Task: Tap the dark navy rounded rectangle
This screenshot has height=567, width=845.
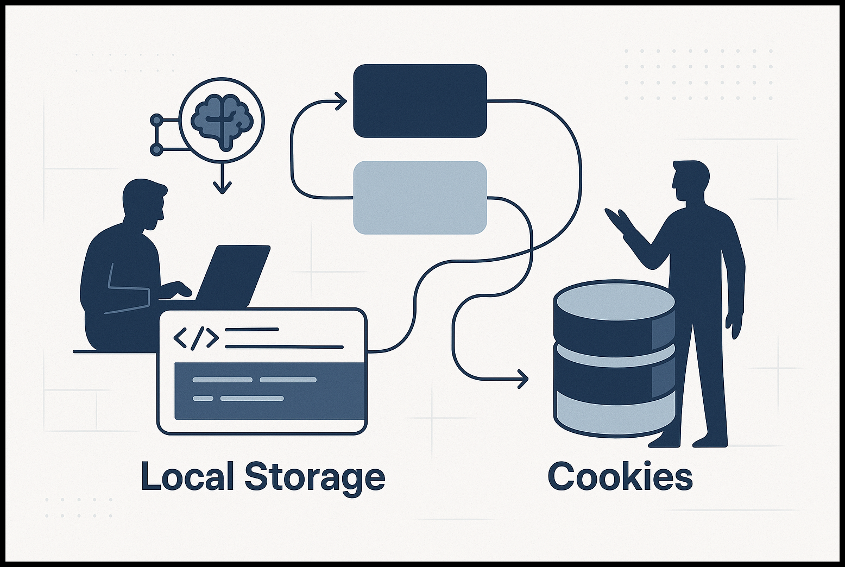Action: tap(420, 101)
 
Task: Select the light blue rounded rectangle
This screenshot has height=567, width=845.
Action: tap(420, 198)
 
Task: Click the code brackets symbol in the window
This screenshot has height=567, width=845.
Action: tap(196, 338)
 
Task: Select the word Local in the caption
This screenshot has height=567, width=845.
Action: tap(187, 476)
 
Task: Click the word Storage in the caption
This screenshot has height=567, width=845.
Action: tap(315, 476)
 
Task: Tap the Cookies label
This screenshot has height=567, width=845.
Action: tap(620, 476)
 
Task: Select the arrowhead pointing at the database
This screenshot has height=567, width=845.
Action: tap(522, 379)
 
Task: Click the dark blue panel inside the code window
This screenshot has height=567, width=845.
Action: tap(269, 391)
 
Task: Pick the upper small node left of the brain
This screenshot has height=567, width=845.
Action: tap(156, 119)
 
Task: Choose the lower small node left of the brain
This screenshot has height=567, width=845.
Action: tap(156, 149)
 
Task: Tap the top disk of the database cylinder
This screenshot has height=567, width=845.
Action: tap(614, 300)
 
